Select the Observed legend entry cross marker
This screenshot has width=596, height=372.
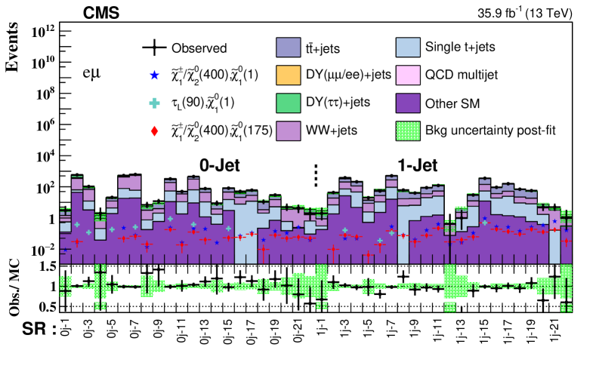point(154,48)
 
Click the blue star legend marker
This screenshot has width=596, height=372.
point(154,75)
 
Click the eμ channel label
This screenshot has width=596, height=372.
point(93,75)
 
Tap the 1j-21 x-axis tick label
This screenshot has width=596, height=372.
point(554,335)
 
